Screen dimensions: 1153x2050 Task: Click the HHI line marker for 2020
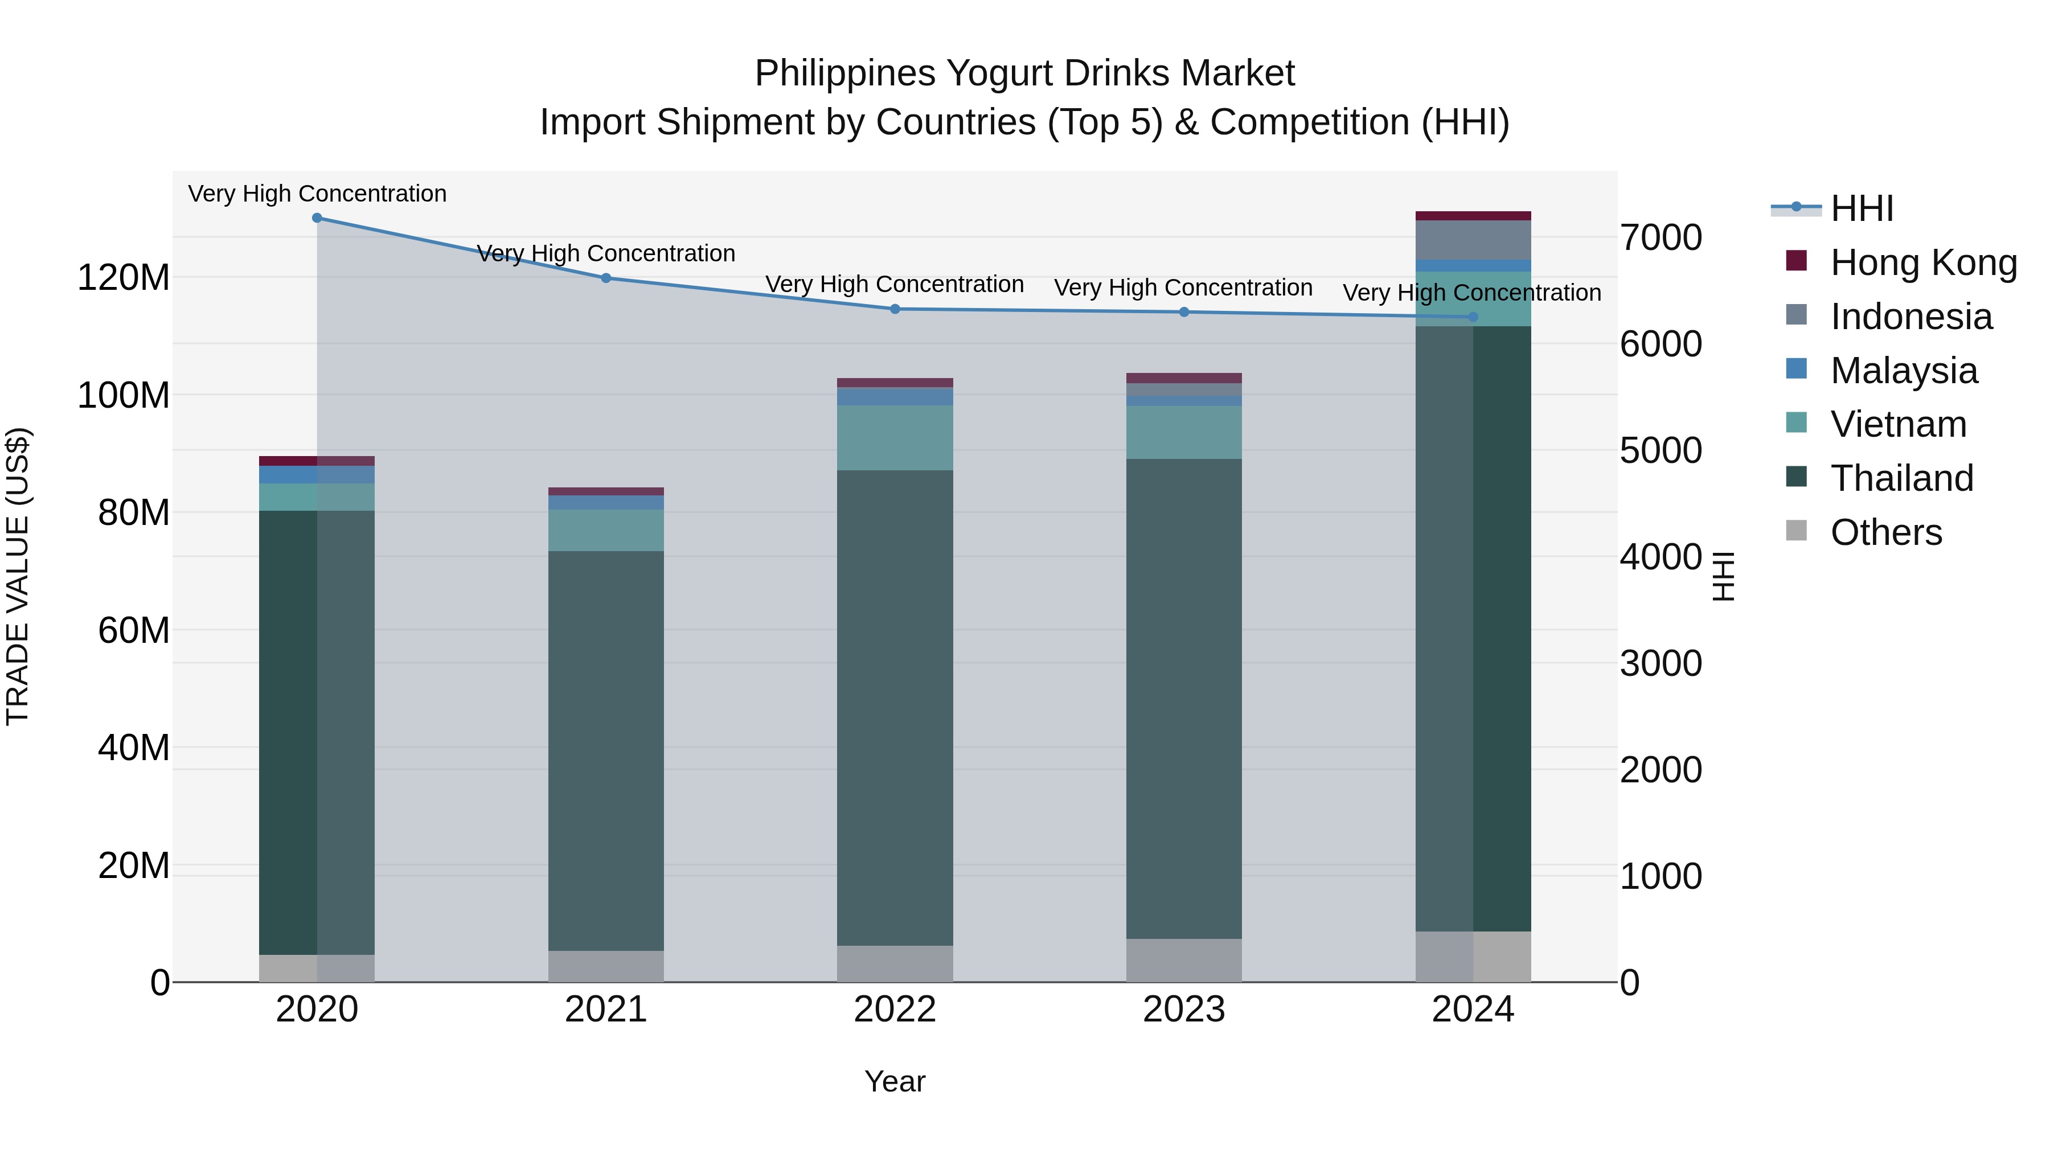tap(317, 218)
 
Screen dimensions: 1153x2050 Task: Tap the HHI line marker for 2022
tap(895, 309)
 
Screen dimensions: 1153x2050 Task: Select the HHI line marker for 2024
tap(1472, 317)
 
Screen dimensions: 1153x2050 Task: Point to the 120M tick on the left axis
tap(124, 278)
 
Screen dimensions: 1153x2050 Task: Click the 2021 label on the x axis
tap(606, 1010)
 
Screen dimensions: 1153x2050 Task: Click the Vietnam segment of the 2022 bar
tap(895, 438)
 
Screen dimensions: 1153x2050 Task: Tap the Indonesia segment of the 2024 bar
tap(1472, 240)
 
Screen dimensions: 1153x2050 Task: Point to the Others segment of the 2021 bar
tap(606, 966)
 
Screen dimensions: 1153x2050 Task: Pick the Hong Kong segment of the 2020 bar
tap(317, 461)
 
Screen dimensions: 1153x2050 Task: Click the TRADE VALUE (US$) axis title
tap(18, 576)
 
